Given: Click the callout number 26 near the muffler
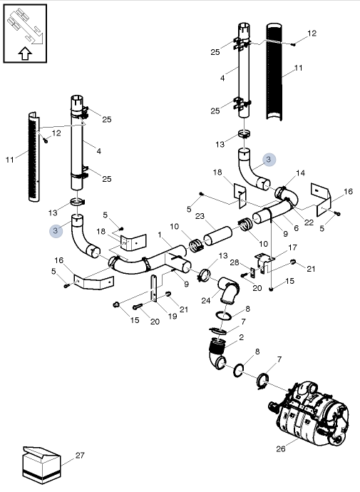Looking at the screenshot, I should pos(280,449).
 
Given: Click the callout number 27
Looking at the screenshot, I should pos(80,454).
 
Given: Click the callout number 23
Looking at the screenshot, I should pos(200,216).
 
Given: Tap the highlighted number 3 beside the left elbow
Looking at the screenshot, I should pos(56,230).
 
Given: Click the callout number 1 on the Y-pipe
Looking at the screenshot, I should pos(160,235).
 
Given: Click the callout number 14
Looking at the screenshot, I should pos(300,173).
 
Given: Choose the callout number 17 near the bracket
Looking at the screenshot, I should pos(292,247).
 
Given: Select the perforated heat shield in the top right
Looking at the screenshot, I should pos(275,71).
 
